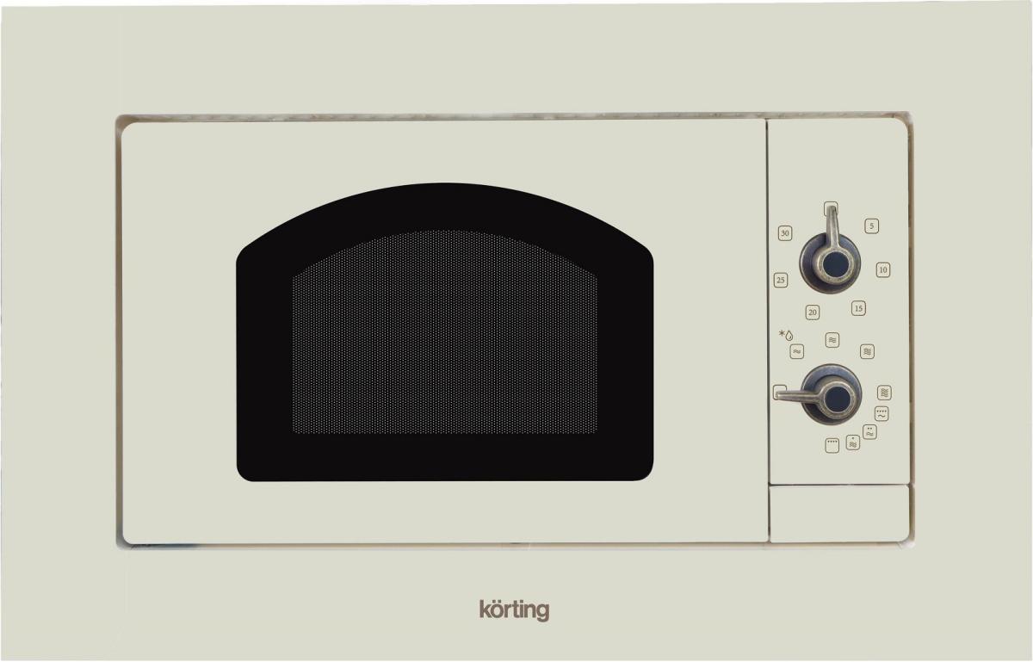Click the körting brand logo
click(x=514, y=610)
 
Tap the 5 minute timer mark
click(x=871, y=226)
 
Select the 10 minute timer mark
click(x=882, y=269)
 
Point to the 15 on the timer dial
click(x=858, y=308)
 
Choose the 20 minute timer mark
click(x=812, y=312)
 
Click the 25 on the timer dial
click(x=780, y=280)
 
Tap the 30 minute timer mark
click(x=785, y=233)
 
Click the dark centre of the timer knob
click(x=835, y=264)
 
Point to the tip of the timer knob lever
click(x=831, y=208)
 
